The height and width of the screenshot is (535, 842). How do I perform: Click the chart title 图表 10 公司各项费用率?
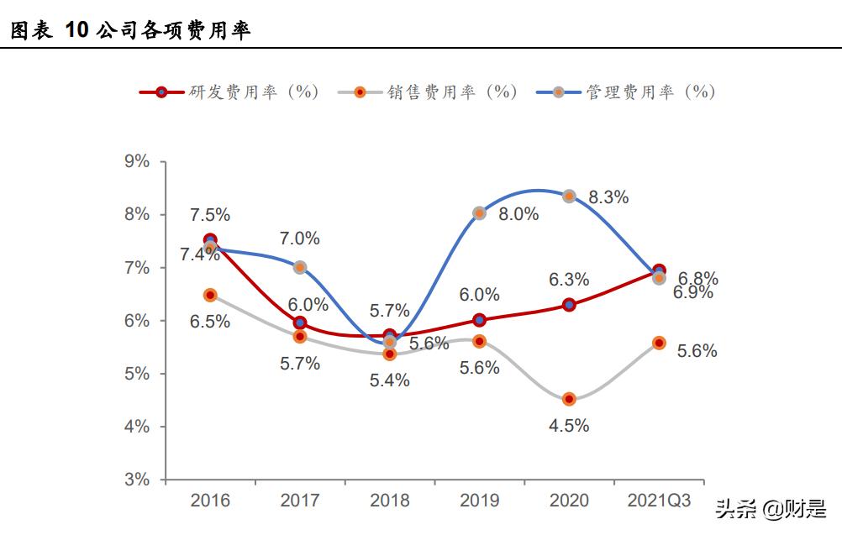pos(130,31)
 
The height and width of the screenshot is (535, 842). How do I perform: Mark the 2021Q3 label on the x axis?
pos(659,501)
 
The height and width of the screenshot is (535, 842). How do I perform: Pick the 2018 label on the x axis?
pos(390,501)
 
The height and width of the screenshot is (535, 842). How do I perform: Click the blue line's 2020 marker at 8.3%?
pos(569,196)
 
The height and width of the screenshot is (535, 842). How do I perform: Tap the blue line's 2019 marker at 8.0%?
pos(479,213)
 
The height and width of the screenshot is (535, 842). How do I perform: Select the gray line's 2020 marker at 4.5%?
pos(569,399)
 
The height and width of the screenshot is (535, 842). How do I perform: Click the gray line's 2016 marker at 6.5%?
pos(210,295)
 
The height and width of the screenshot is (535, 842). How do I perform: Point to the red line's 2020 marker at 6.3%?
pos(569,305)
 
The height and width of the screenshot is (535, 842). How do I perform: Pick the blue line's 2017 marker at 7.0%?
pos(300,267)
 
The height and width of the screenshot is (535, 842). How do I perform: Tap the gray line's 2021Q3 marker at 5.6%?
pos(659,343)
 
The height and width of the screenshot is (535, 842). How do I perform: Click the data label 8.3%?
pos(608,198)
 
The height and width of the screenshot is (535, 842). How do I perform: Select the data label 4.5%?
pos(569,426)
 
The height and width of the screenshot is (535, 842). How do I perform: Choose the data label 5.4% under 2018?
pos(390,380)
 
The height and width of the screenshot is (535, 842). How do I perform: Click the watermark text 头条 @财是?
pos(771,509)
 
